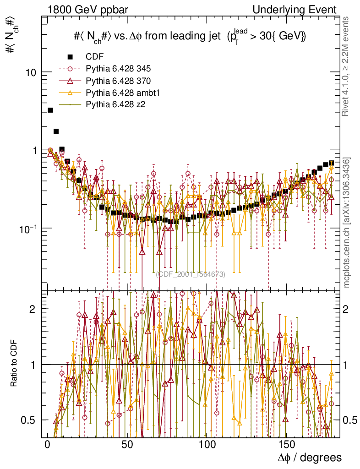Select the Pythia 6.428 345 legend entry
[x=118, y=69]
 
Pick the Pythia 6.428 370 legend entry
[x=118, y=81]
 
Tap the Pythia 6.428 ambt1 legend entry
[x=121, y=93]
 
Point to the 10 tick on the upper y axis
[x=31, y=72]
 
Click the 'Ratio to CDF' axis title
[x=14, y=365]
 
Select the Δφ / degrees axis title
[x=310, y=457]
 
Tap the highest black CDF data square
[x=50, y=110]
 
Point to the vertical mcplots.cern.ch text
[x=347, y=222]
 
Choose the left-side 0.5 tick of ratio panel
[x=31, y=420]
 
